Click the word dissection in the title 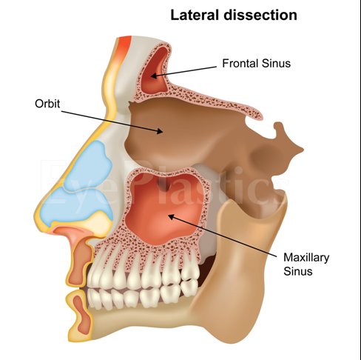260,15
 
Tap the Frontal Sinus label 257,63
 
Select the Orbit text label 47,104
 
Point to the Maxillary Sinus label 306,264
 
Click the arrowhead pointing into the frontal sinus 154,76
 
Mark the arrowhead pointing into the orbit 161,131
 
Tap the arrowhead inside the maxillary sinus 171,217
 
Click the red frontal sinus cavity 155,72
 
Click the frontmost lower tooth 94,299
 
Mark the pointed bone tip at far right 301,149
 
